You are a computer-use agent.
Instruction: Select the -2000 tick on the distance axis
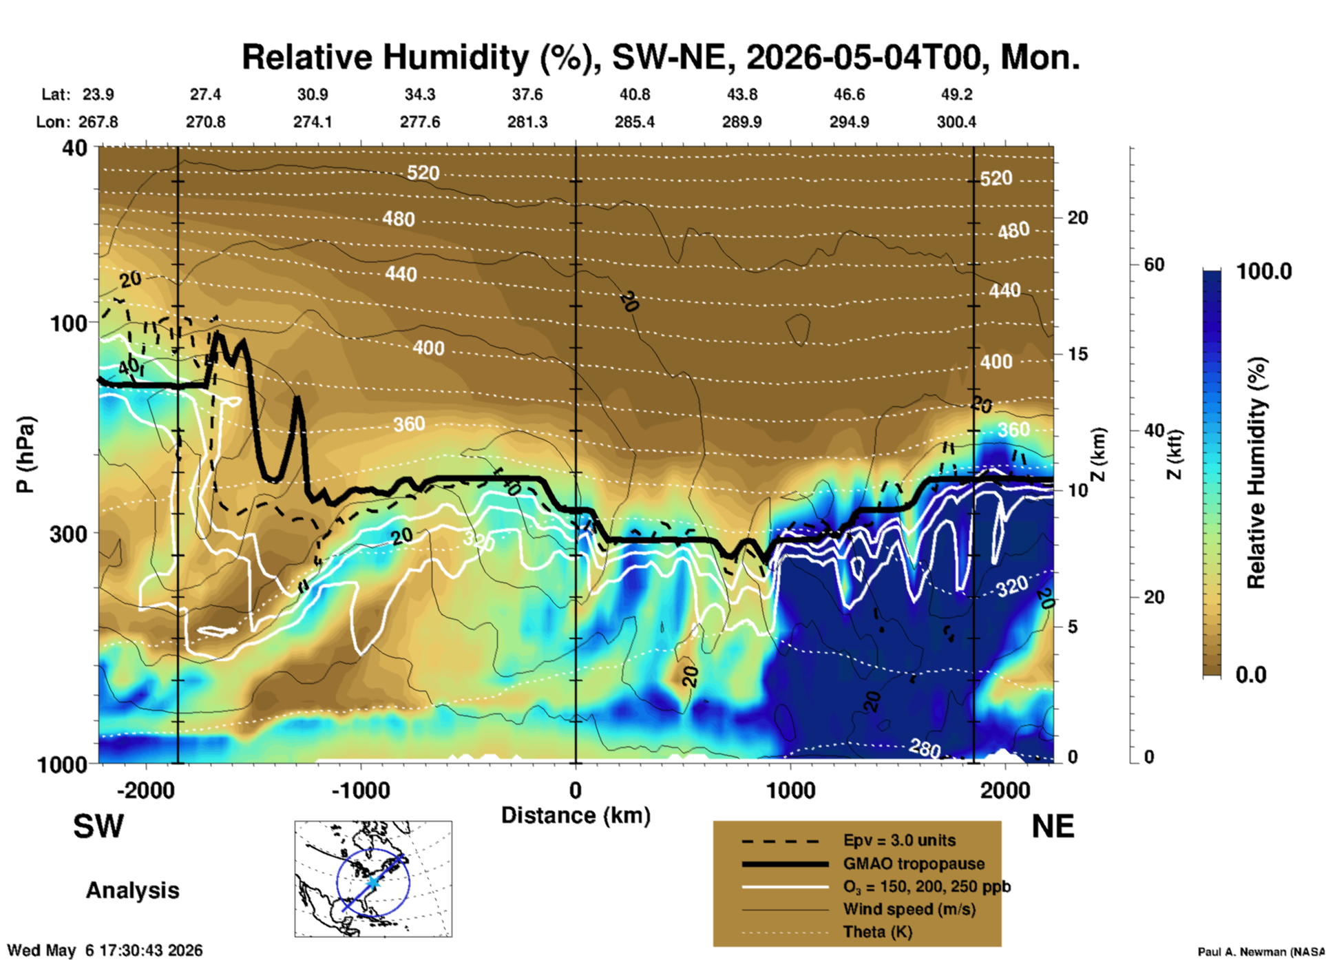pyautogui.click(x=146, y=790)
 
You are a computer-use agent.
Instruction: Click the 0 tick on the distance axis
pyautogui.click(x=576, y=790)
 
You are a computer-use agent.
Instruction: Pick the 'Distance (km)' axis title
pyautogui.click(x=576, y=815)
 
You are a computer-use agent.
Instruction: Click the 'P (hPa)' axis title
pyautogui.click(x=25, y=455)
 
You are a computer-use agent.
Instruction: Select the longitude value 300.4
pyautogui.click(x=956, y=122)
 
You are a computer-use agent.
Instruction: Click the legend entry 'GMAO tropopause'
pyautogui.click(x=914, y=864)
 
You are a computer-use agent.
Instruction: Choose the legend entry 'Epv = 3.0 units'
pyautogui.click(x=899, y=840)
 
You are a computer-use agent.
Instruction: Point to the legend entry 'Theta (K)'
pyautogui.click(x=877, y=932)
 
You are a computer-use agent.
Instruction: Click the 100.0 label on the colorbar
pyautogui.click(x=1264, y=271)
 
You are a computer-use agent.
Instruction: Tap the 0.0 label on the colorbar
pyautogui.click(x=1251, y=674)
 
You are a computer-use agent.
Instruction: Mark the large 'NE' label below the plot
pyautogui.click(x=1053, y=826)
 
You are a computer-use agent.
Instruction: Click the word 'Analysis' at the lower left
pyautogui.click(x=132, y=890)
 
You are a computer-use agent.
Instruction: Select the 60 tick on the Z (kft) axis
pyautogui.click(x=1154, y=264)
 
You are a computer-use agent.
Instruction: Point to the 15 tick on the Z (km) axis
pyautogui.click(x=1077, y=354)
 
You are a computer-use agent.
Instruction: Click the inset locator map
pyautogui.click(x=373, y=879)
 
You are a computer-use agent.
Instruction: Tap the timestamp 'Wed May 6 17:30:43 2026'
pyautogui.click(x=105, y=950)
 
